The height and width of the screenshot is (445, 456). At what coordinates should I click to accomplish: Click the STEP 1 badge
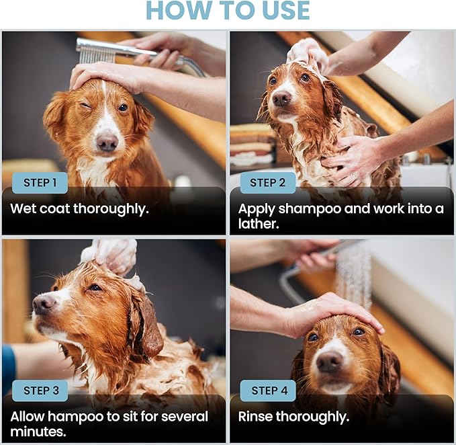[40, 182]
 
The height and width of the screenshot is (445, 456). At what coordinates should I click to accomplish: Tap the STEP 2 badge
[268, 182]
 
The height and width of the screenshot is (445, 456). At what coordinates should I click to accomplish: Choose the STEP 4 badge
[268, 391]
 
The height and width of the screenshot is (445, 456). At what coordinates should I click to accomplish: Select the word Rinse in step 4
[257, 417]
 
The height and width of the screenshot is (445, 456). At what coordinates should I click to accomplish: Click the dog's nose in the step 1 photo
[106, 143]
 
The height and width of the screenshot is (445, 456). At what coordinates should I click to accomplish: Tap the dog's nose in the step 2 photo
[281, 99]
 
